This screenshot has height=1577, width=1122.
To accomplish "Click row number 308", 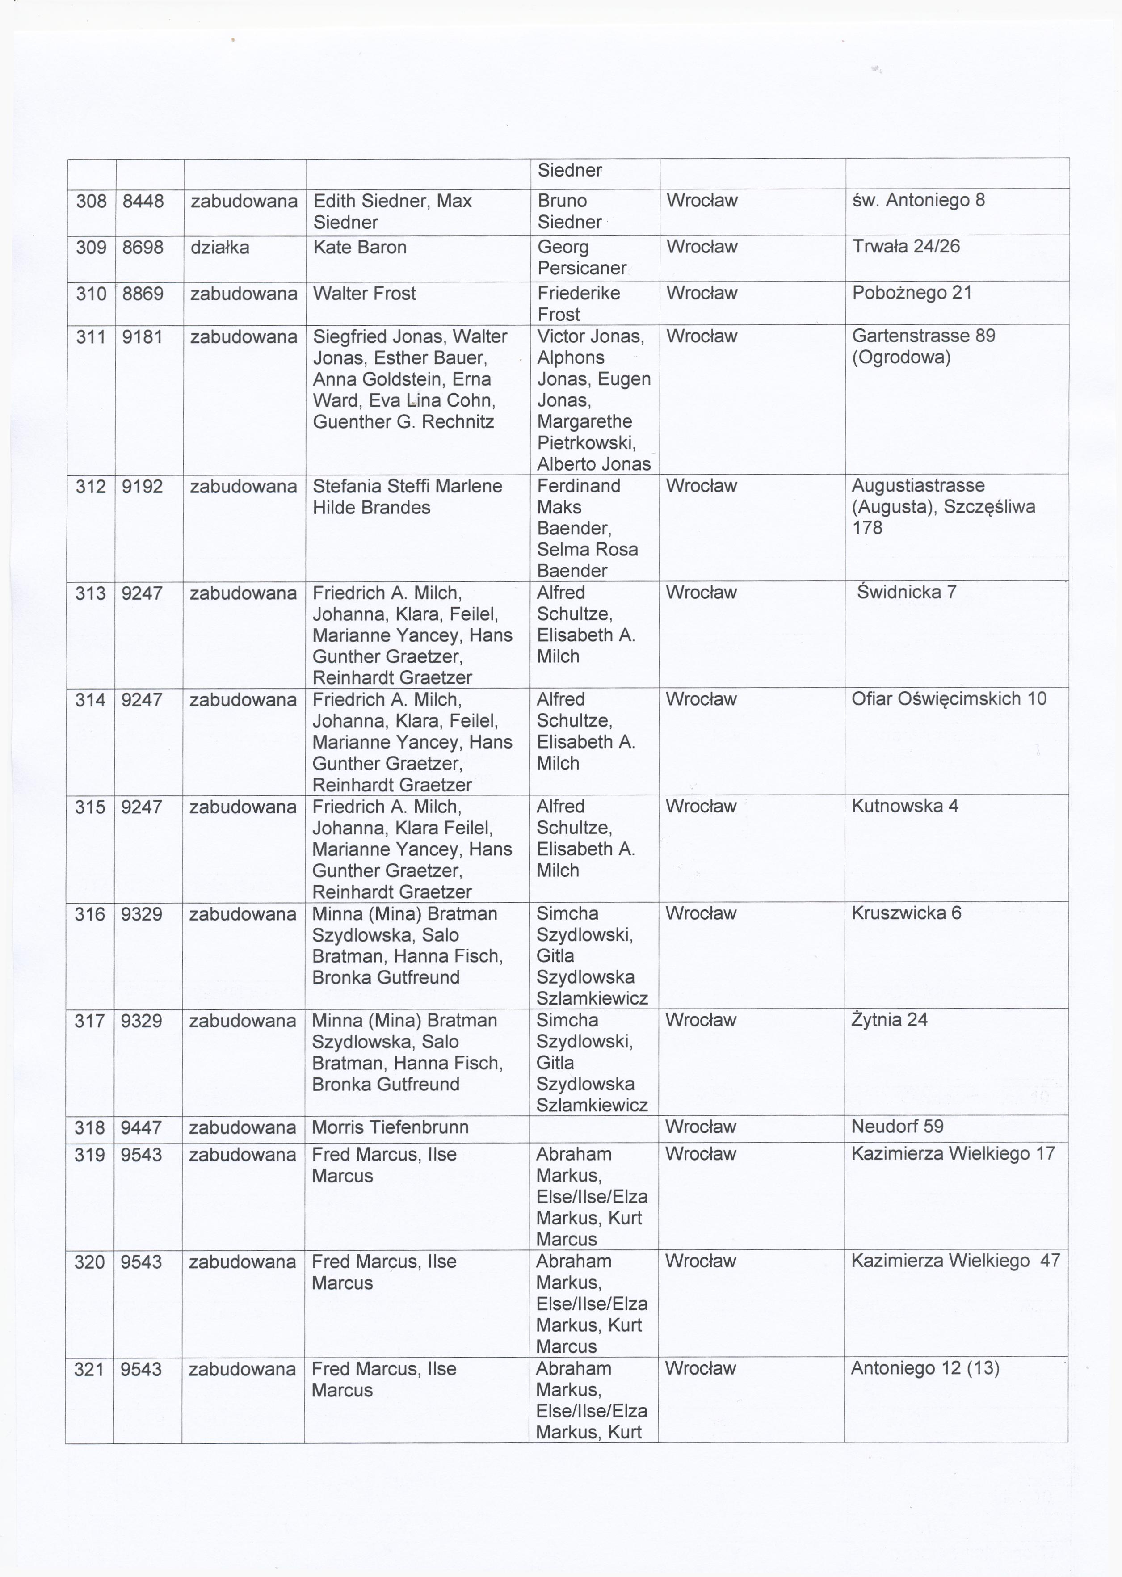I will click(91, 202).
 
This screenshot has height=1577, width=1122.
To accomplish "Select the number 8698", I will click(143, 247).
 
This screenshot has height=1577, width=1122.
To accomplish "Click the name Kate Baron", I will click(359, 247).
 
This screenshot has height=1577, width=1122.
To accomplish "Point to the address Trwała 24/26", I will click(906, 247).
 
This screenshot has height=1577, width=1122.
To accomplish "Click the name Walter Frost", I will click(364, 294).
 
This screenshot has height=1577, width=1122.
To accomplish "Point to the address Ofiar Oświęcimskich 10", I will click(949, 699).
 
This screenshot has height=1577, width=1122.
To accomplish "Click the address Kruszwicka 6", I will click(906, 913).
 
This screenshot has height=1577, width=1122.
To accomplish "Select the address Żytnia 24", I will click(889, 1020).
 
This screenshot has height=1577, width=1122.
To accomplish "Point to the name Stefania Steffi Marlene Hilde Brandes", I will click(407, 496).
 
